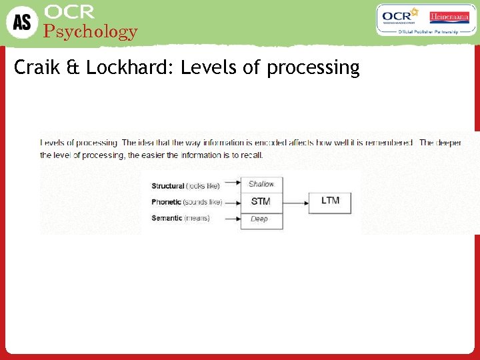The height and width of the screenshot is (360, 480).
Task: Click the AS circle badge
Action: (22, 22)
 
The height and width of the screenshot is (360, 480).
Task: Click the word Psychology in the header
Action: (90, 31)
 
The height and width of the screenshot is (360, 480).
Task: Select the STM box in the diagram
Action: (261, 201)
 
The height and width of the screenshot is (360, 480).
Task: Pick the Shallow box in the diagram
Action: (261, 184)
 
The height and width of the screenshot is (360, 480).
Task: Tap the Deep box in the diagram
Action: (260, 219)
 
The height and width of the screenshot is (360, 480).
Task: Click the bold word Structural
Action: (168, 186)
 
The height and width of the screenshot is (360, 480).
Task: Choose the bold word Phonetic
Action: (166, 202)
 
